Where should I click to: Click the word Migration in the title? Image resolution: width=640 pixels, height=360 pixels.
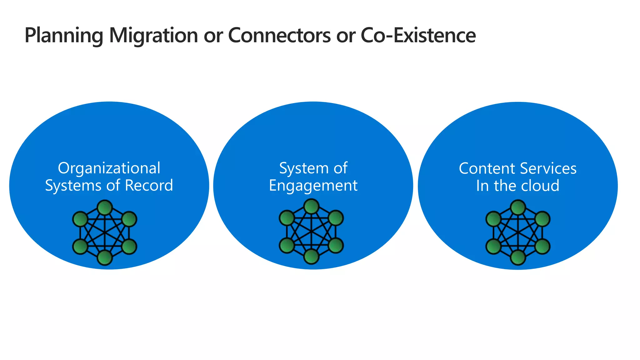(153, 35)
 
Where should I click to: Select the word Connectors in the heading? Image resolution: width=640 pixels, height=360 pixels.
(279, 35)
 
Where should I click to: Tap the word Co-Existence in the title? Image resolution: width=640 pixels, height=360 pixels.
(418, 35)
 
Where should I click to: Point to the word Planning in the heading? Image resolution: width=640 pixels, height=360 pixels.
(64, 36)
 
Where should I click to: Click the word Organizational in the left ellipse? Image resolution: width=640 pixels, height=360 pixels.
(109, 168)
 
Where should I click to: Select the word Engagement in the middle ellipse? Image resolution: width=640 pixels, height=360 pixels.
(313, 186)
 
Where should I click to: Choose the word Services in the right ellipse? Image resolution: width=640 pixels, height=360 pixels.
(548, 168)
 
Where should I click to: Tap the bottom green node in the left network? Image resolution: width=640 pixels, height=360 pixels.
(105, 258)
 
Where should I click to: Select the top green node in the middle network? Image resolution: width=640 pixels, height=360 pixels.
(312, 207)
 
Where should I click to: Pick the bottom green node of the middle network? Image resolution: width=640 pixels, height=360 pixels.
(312, 257)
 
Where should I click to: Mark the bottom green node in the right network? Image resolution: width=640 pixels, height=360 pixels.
(518, 258)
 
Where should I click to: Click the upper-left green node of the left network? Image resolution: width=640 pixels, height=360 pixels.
(80, 219)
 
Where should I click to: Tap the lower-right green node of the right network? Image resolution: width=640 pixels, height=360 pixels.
(542, 247)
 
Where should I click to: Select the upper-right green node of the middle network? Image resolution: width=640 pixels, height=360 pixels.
(336, 218)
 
